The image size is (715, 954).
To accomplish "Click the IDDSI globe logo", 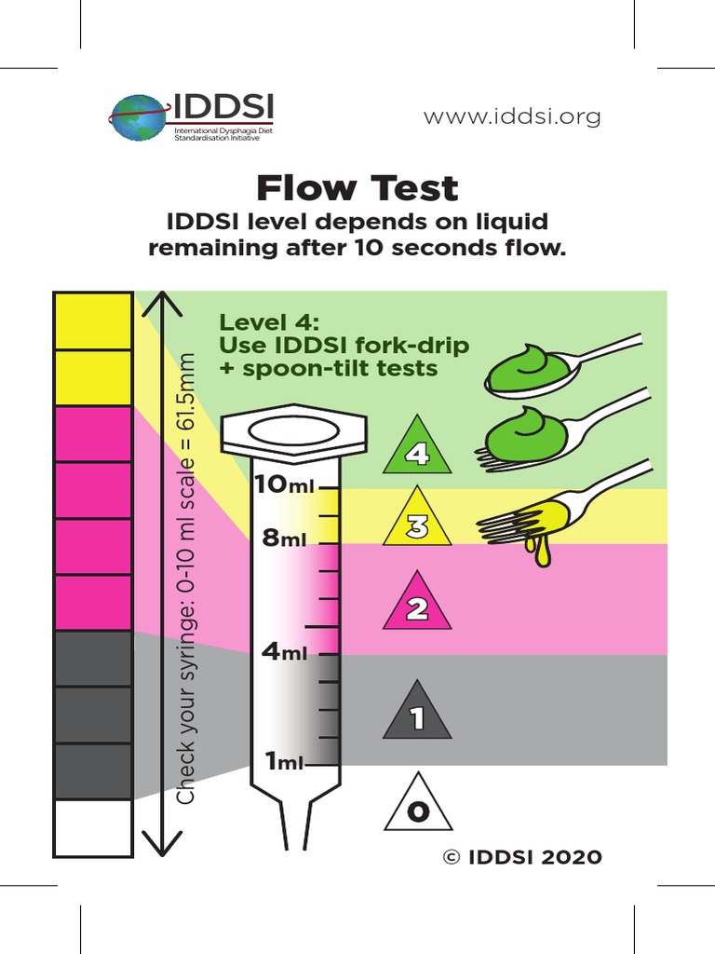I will coord(138,117).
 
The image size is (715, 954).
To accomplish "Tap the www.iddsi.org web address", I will coord(512,116).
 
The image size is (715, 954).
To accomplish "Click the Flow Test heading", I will coord(357,188).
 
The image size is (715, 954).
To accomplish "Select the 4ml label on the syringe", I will coord(284,652).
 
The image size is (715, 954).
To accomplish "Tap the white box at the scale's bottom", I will coord(93,827).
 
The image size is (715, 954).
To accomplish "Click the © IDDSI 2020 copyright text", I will coord(522,857).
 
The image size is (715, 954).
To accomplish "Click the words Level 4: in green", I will coord(269,322).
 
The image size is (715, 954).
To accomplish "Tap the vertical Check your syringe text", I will coord(187,578).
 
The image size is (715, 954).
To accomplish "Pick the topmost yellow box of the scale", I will coord(93,321).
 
